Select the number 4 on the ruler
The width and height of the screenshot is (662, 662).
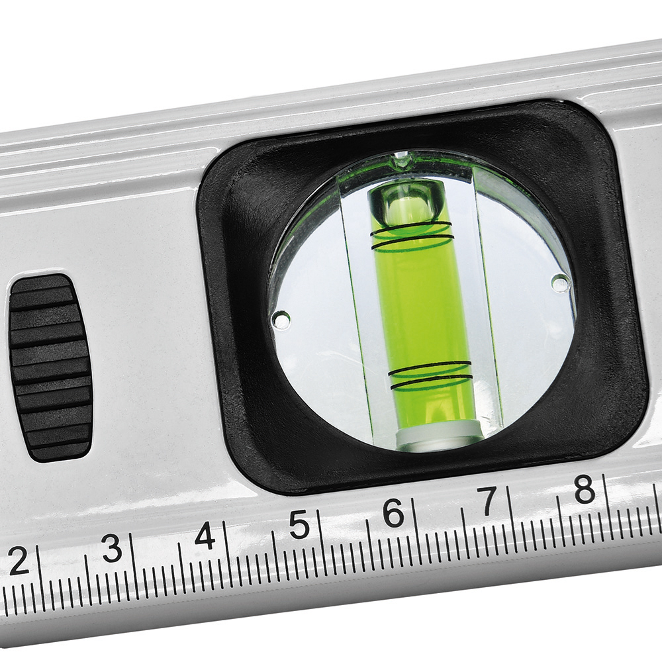[206, 536]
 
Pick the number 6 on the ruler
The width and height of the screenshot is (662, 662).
[393, 512]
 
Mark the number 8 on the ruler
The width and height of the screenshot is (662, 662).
[585, 489]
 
